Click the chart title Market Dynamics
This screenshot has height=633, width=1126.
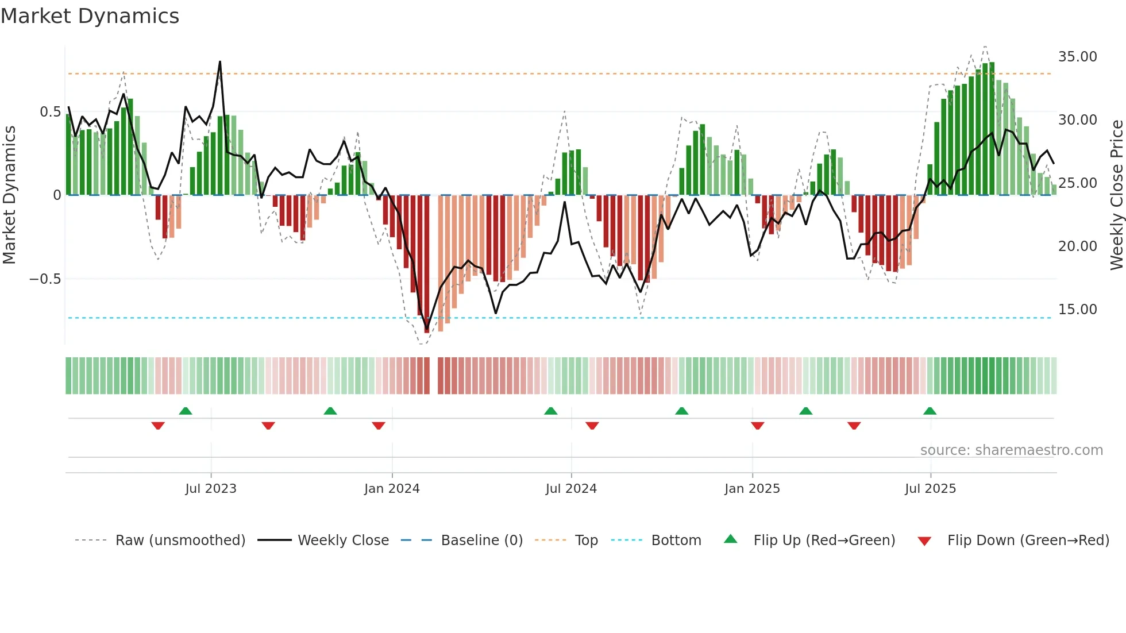coord(90,16)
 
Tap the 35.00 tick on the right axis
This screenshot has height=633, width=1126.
coord(1077,57)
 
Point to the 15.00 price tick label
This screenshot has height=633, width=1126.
coord(1077,310)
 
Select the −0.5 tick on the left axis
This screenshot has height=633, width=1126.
coord(45,279)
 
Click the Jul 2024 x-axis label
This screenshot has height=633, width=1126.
coord(571,489)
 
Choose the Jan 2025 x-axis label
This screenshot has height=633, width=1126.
coord(752,489)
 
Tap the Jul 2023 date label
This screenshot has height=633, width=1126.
coord(211,489)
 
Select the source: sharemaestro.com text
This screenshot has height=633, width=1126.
coord(1011,450)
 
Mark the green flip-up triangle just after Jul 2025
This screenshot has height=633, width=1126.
coord(930,411)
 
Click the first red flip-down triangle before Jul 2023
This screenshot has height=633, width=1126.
coord(158,426)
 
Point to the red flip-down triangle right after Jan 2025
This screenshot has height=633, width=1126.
coord(757,426)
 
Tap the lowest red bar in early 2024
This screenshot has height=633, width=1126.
coord(427,327)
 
